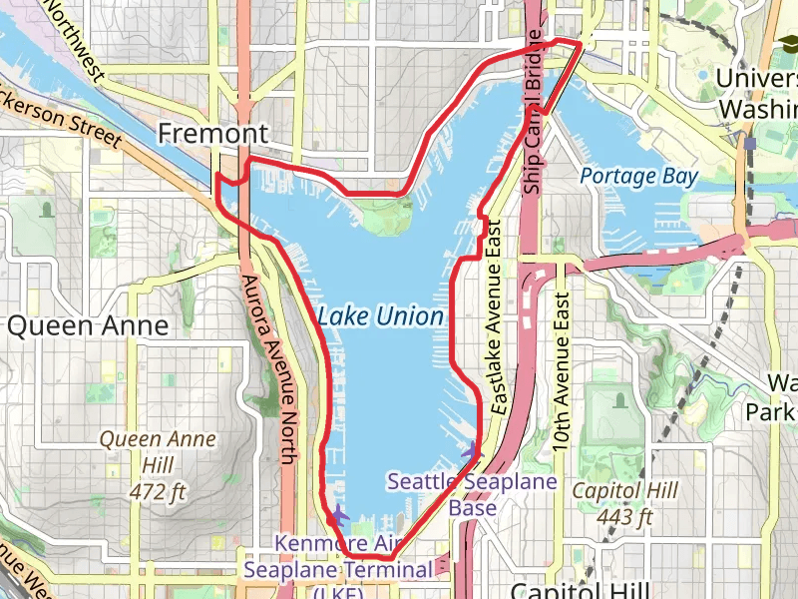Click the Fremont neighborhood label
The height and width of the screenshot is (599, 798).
click(213, 134)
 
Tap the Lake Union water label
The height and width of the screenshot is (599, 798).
click(380, 317)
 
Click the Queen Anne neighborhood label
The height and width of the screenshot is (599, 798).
click(88, 326)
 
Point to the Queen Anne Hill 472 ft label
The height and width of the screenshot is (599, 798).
click(145, 464)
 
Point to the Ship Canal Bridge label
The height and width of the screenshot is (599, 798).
click(534, 125)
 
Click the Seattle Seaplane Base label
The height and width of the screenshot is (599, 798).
click(472, 495)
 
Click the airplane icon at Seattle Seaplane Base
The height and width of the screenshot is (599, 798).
click(473, 452)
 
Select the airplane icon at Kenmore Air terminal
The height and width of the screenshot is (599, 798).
click(339, 515)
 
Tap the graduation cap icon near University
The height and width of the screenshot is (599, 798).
click(787, 43)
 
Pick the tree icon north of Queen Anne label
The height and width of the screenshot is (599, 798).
click(46, 210)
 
